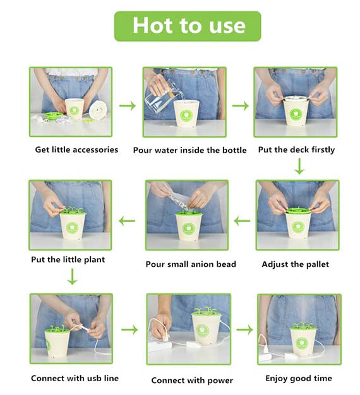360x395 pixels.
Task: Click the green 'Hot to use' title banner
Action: pos(188,27)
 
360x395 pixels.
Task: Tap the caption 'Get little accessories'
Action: pos(76,150)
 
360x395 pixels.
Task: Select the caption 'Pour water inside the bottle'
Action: pos(190,150)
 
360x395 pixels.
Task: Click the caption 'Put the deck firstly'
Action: pos(296,150)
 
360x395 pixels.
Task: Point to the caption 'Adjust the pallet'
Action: pos(295,264)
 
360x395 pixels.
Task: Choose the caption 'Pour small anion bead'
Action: pos(191,264)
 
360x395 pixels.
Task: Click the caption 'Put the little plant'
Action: pos(68,260)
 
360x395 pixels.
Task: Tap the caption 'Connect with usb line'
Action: pos(75,379)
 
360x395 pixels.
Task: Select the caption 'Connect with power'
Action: pos(192,380)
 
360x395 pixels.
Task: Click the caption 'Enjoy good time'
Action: pos(299,379)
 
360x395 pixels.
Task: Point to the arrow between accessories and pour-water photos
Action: pos(128,105)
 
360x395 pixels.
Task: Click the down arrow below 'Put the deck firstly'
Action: pos(299,166)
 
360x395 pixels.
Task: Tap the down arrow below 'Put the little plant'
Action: pos(73,276)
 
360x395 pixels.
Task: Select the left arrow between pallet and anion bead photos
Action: pos(242,221)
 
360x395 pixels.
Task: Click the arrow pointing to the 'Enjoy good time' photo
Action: pos(244,329)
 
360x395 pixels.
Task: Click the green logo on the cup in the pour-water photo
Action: pos(186,116)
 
